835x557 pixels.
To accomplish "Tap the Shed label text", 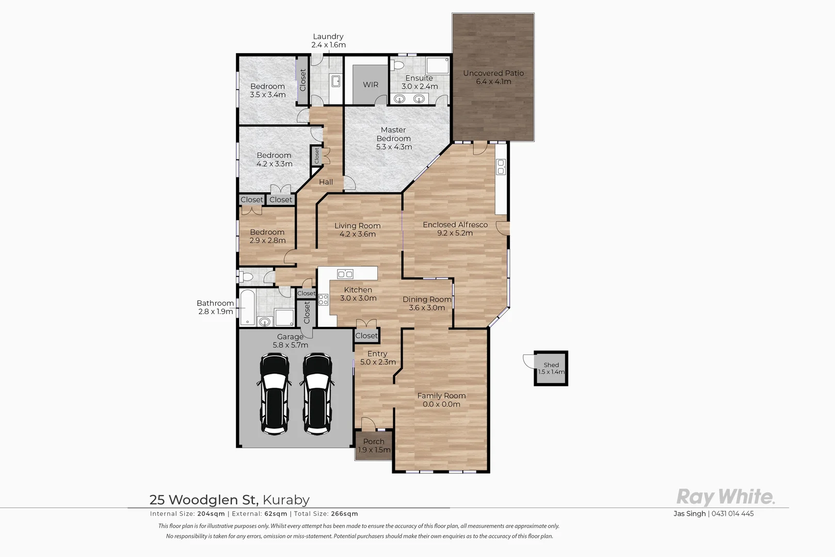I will coord(551,365).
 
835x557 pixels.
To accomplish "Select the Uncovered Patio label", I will coord(493,73).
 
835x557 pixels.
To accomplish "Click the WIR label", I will coord(371,85).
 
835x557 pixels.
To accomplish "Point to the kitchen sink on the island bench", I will coord(345,274).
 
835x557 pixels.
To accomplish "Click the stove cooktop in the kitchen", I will coord(323,299).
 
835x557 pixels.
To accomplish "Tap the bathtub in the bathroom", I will coord(248,307).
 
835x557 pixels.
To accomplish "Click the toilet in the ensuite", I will coord(397,65).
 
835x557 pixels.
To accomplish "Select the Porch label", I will coord(374,441).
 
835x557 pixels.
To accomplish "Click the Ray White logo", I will coord(726,497).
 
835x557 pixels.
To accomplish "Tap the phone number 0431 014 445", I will coord(732,514).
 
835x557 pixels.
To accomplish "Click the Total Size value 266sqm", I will coord(344,514).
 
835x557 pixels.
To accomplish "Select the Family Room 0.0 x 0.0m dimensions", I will coord(441,404).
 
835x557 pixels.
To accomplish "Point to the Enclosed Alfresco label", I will coord(455,224).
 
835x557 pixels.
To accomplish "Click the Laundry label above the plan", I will coord(328,37).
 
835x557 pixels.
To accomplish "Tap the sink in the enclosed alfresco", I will coord(501,167).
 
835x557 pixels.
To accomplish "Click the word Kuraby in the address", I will coord(286,500).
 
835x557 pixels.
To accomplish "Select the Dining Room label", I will coord(427,299).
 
